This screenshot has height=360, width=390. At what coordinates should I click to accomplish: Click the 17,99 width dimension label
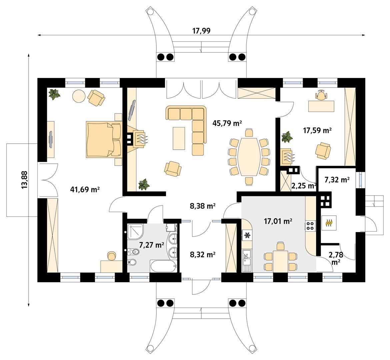201,31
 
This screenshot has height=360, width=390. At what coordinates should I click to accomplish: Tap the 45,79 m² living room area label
227,123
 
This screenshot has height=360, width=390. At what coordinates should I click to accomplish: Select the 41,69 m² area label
85,190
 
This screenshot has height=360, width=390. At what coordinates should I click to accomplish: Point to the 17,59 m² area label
317,130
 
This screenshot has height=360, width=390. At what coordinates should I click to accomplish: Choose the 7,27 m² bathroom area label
152,245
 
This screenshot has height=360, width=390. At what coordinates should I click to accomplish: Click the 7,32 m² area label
337,180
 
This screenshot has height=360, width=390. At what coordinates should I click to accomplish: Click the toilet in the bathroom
132,262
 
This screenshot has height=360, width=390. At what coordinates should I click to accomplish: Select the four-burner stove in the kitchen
310,226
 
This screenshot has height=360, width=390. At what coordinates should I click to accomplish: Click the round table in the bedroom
79,97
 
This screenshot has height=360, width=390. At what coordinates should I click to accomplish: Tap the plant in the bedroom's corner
54,94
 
